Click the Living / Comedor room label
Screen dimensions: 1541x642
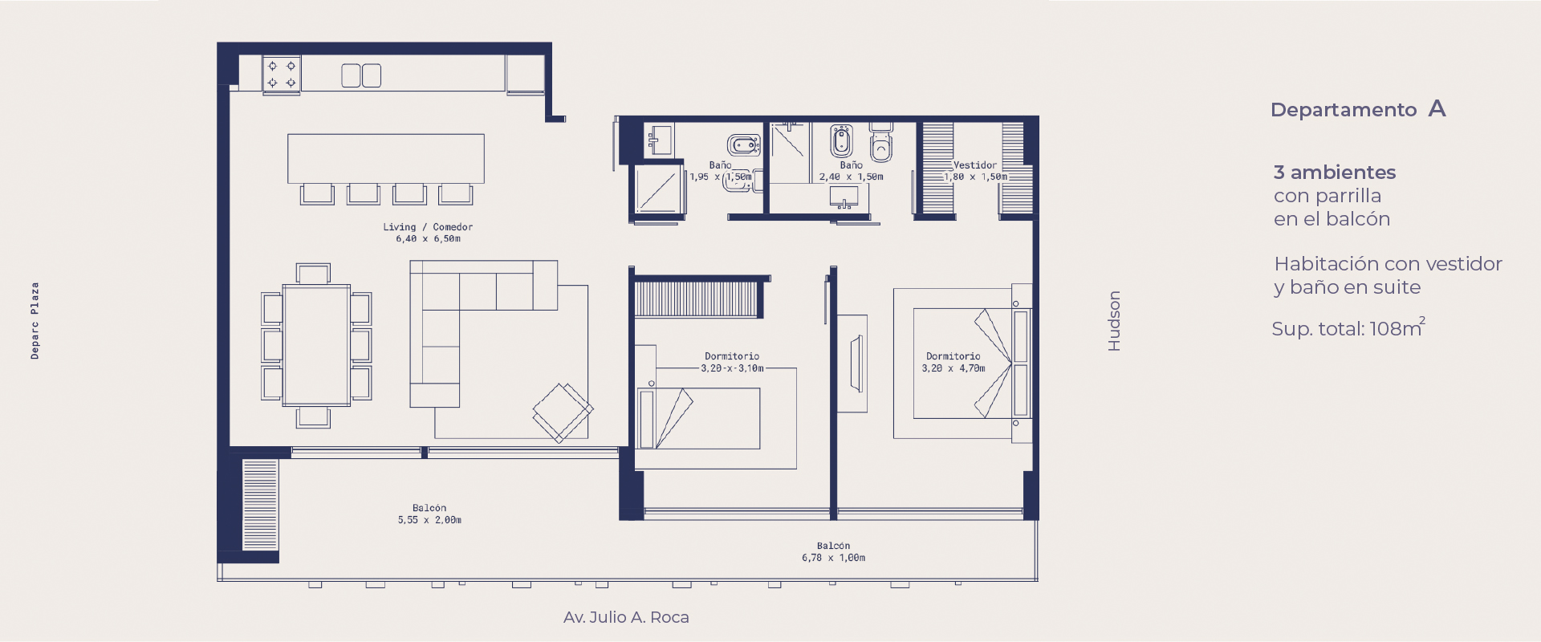[428, 227]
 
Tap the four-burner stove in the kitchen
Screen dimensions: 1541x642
[282, 75]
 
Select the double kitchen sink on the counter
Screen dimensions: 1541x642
[361, 75]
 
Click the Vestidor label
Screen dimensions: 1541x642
[975, 165]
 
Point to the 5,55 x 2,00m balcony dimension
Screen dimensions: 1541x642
[429, 520]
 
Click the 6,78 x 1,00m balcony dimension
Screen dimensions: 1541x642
[833, 558]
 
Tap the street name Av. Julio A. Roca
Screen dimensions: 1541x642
[626, 617]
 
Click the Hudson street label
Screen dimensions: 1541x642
[1114, 321]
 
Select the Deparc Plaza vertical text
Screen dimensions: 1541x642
[35, 320]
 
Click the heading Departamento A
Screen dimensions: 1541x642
[1358, 109]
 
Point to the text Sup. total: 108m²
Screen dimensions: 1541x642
[1348, 327]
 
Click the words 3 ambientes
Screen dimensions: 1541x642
[1335, 173]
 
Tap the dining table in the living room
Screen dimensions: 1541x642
[316, 346]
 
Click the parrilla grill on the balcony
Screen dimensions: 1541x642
[260, 505]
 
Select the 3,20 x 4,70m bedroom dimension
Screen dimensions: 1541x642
[953, 368]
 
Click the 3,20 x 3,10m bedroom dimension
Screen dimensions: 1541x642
[732, 368]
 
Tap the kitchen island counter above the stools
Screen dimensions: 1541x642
[386, 159]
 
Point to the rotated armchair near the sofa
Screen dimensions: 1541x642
[563, 412]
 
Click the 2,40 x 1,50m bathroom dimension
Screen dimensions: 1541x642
[851, 177]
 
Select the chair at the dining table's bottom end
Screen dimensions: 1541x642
[313, 417]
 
